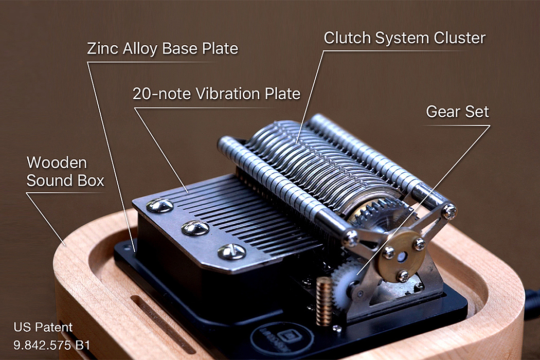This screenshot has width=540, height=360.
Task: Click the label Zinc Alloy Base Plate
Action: point(163,49)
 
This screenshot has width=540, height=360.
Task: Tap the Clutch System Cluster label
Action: point(404,38)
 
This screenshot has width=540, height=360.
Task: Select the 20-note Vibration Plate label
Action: point(217,94)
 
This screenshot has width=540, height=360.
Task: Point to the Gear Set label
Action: point(457,112)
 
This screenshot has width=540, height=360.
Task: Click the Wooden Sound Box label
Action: point(65,172)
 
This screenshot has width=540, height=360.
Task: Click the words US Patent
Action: point(43,327)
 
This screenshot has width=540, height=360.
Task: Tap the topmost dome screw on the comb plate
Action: point(160,206)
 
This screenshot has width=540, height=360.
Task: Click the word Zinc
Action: point(101,49)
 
